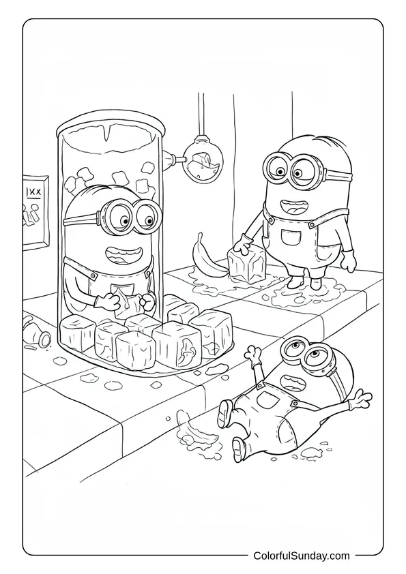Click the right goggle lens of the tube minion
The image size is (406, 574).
pyautogui.click(x=145, y=217)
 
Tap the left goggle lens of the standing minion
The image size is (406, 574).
pyautogui.click(x=278, y=166)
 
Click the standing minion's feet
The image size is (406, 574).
pyautogui.click(x=303, y=281)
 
